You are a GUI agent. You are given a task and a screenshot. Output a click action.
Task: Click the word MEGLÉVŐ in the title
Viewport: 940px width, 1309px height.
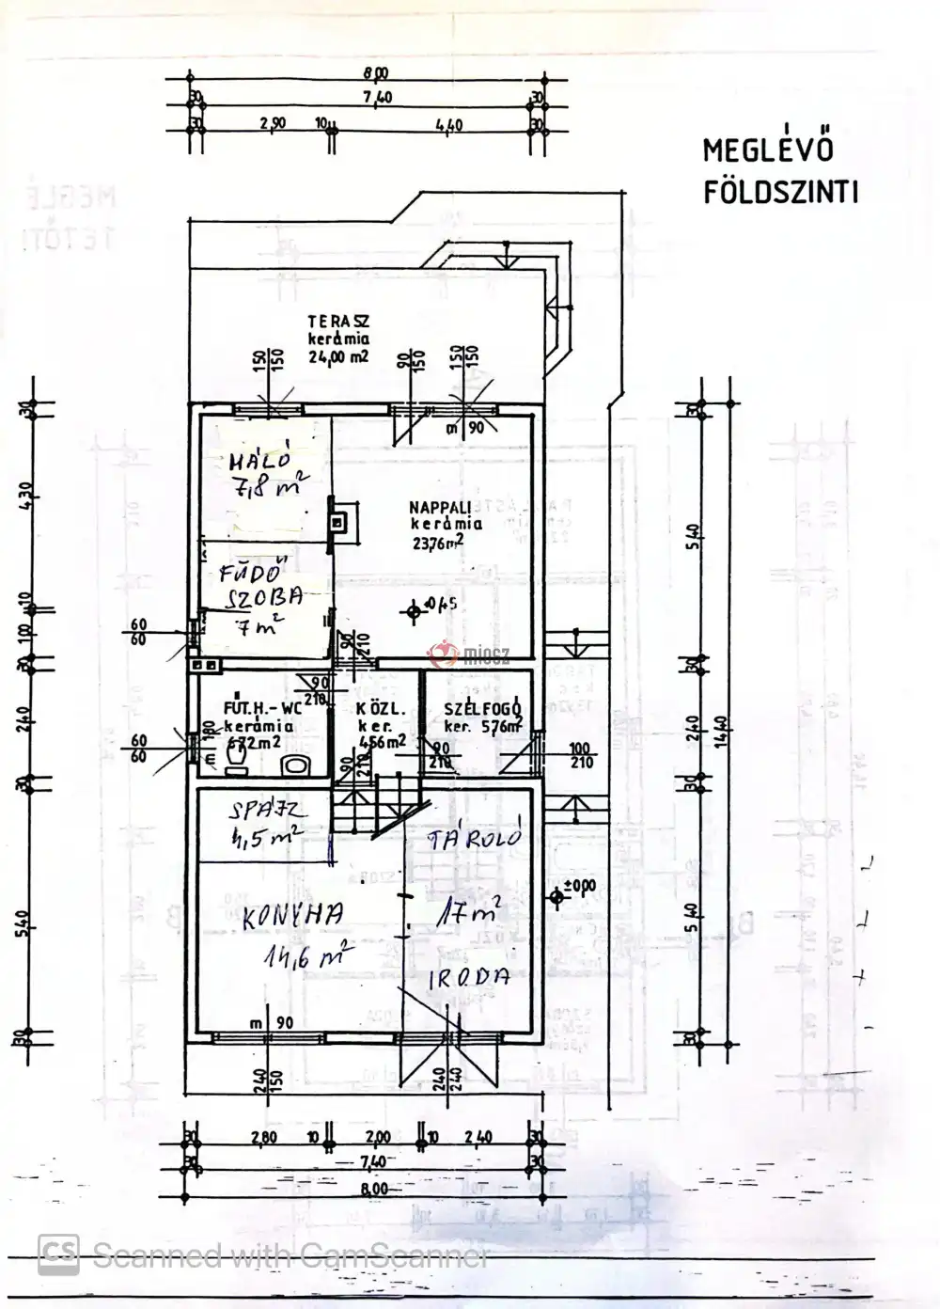767,150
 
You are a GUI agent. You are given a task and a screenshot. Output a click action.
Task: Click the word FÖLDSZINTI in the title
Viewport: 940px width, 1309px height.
780,193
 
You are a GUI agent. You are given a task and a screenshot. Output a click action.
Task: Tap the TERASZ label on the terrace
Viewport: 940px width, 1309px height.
337,323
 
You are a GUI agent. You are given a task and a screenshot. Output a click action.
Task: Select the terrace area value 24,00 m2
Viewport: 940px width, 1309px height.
338,356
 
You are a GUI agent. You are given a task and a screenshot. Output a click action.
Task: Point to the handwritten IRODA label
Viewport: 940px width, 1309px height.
469,977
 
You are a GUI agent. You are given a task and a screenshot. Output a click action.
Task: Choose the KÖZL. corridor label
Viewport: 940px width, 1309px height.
372,709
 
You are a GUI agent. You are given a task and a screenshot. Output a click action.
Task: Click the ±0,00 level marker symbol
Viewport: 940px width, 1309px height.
557,898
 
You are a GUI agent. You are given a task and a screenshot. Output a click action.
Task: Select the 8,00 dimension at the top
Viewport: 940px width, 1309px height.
374,72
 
